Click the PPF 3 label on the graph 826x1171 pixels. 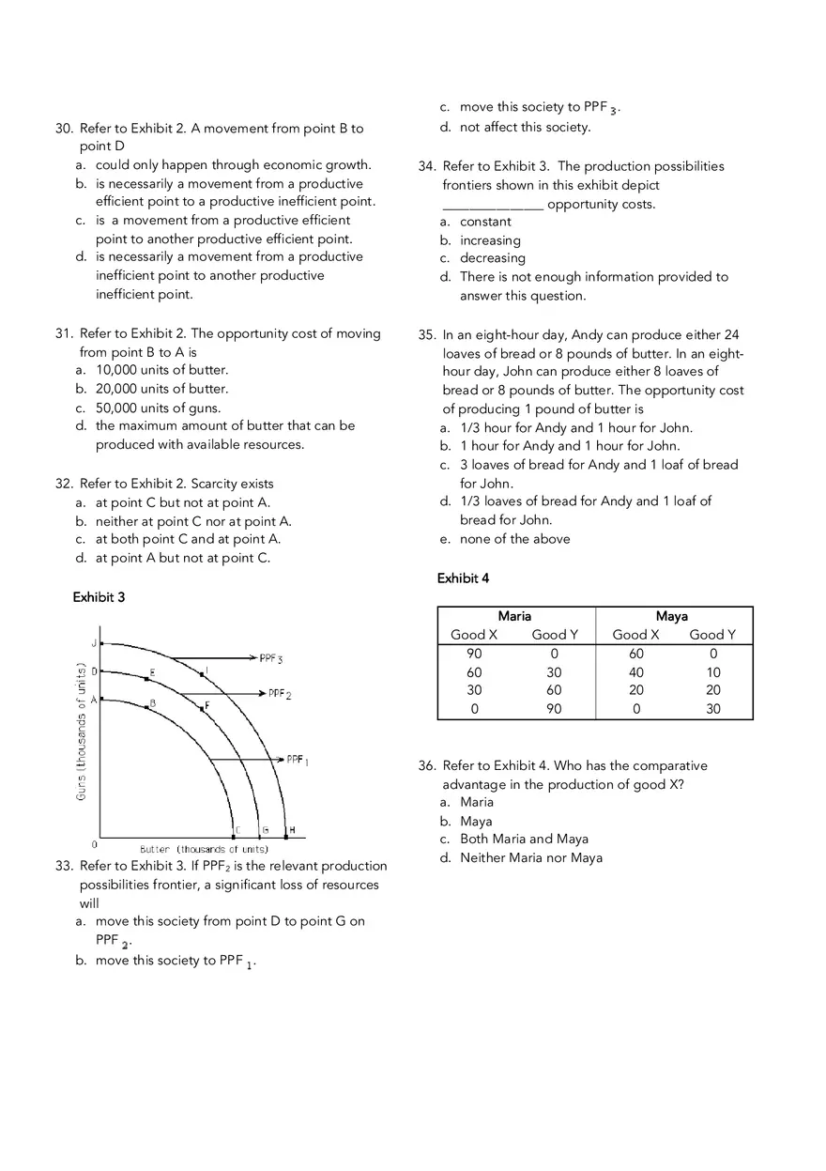point(271,659)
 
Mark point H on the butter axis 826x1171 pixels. point(292,830)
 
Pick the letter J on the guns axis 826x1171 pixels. point(94,644)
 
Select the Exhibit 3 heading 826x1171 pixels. point(99,597)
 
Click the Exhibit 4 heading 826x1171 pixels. point(463,578)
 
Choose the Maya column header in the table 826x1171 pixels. point(672,616)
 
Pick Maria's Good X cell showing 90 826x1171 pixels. point(474,654)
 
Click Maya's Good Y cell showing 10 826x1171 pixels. point(713,672)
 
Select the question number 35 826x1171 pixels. point(426,335)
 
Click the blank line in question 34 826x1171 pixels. point(493,205)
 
